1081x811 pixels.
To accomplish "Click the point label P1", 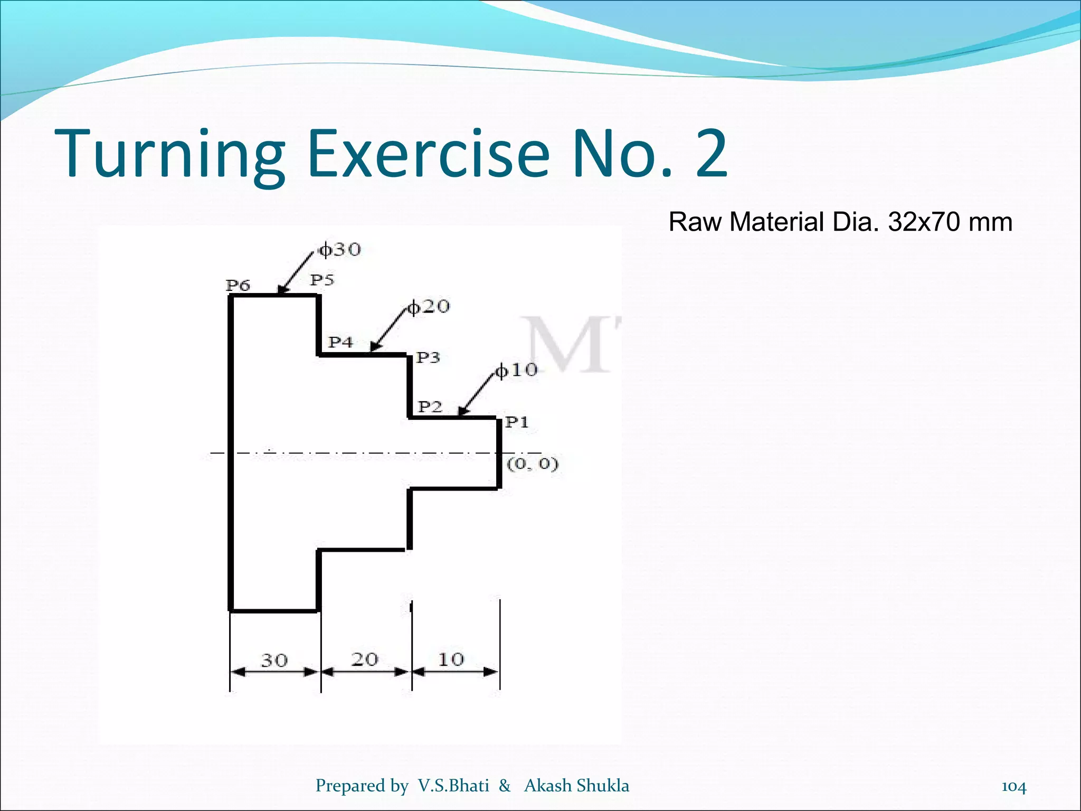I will [517, 422].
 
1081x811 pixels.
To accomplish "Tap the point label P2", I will [430, 407].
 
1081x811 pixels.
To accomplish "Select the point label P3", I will [428, 358].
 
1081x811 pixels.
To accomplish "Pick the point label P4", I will [340, 342].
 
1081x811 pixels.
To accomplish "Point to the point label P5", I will [322, 280].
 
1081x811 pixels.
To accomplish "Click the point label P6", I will [238, 286].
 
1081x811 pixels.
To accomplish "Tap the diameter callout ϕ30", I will [340, 249].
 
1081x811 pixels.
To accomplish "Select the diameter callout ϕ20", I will [429, 306].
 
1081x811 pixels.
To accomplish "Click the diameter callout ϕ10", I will [516, 370].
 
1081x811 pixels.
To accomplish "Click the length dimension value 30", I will [274, 661].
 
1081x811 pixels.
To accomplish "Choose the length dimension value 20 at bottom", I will [365, 659].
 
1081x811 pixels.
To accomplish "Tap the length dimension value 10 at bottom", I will [451, 659].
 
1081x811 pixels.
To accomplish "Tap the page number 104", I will [1014, 786].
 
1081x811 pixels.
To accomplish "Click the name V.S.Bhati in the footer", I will [453, 786].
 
